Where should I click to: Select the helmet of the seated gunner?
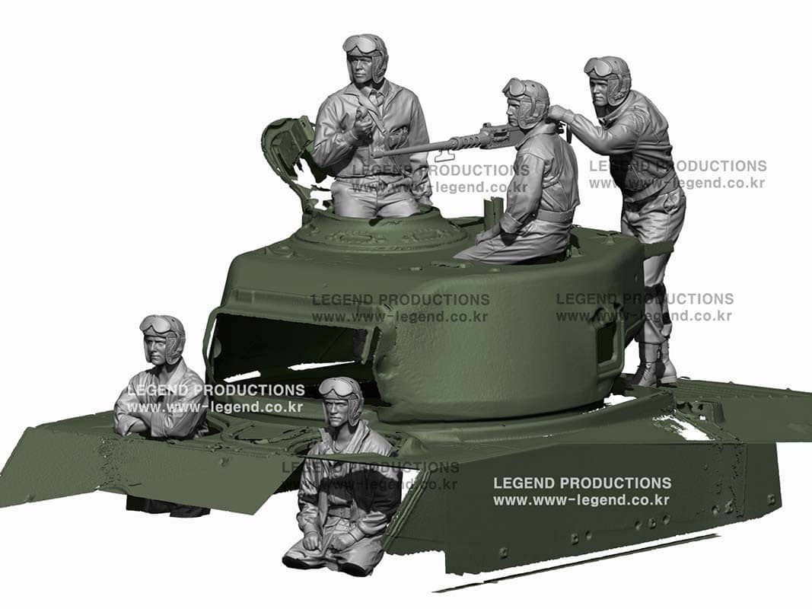tap(527, 97)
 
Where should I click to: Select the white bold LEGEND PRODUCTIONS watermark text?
tap(582, 483)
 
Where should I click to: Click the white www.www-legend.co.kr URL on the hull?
tap(581, 500)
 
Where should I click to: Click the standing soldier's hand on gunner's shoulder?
tap(559, 113)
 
